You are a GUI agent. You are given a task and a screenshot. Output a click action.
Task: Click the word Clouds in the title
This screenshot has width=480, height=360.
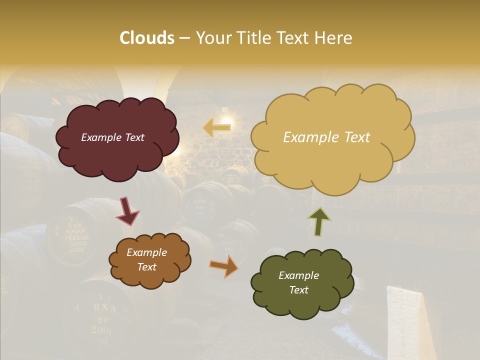pos(146,38)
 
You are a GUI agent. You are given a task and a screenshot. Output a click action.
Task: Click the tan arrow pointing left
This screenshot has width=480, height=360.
pos(217,127)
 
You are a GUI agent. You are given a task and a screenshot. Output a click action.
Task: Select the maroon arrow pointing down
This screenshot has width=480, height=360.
pos(127,211)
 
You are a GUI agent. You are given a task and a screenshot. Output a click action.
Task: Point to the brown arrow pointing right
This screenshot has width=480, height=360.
pos(224,266)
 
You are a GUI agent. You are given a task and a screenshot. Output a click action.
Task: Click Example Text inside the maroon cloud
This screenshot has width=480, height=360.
pos(112,137)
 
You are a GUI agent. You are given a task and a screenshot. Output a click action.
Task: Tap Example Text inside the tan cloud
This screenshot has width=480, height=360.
pos(326,137)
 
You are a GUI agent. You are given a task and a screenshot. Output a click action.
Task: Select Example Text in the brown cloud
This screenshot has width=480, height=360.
pos(146,259)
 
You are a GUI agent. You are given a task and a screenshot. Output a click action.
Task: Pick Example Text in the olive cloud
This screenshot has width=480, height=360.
pos(298,282)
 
